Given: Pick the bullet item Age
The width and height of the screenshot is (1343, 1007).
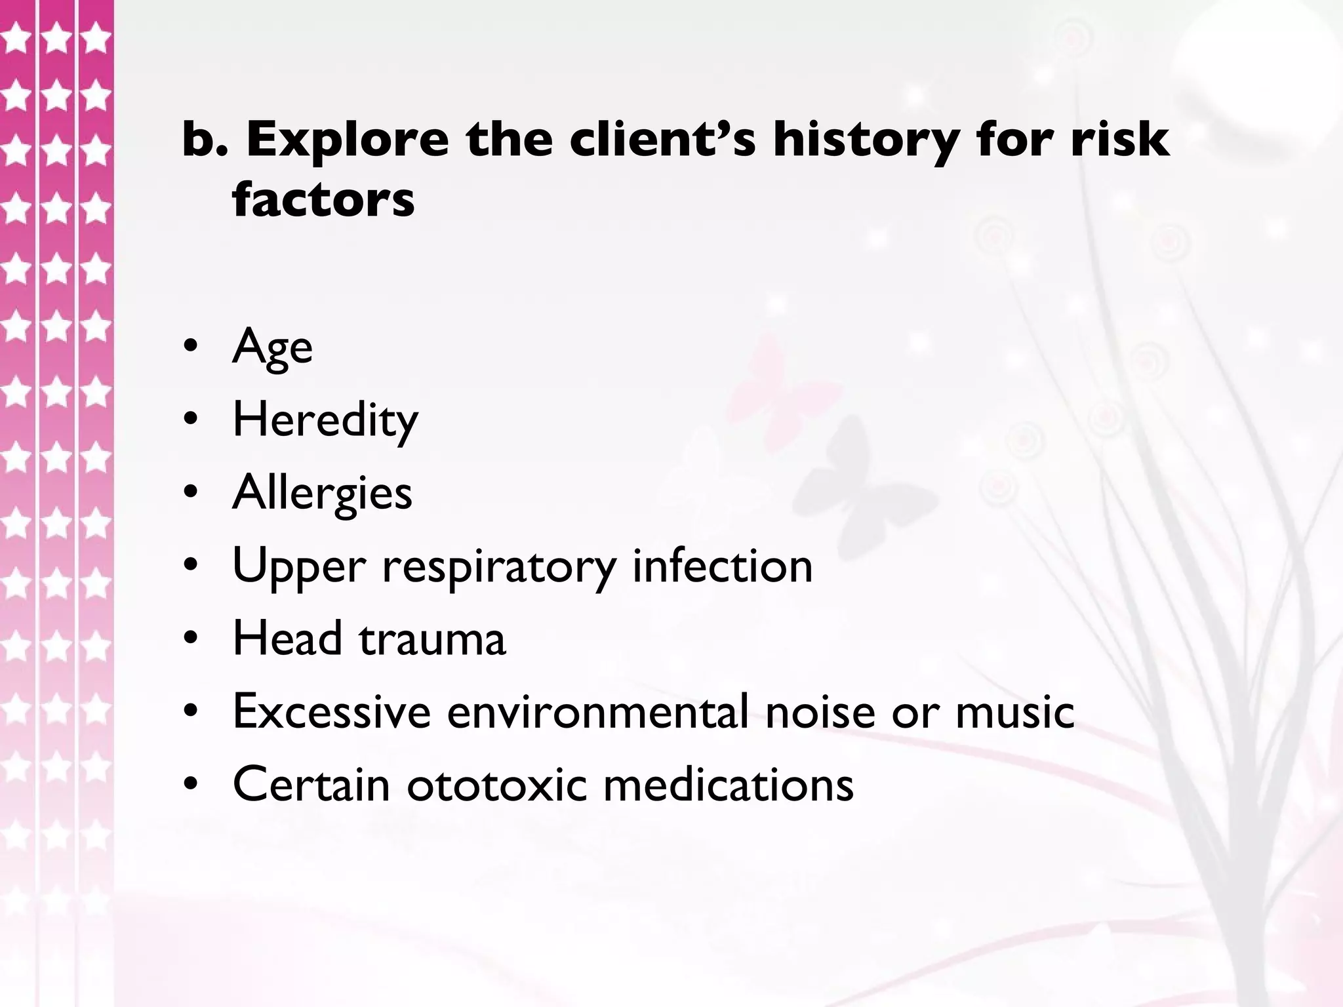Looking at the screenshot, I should (x=272, y=347).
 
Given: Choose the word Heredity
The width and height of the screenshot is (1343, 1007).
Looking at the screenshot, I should (x=325, y=420).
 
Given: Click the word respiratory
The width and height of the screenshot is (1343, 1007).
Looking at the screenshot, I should (x=499, y=566).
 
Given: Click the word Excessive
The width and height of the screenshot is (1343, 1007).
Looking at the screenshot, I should (x=332, y=711).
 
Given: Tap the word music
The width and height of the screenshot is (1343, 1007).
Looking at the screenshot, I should (x=1014, y=711).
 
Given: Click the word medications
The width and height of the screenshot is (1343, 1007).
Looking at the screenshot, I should (x=728, y=784).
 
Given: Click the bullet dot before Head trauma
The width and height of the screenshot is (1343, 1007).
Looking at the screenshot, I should (x=190, y=639).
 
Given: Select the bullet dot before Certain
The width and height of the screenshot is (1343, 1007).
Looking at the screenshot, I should (x=190, y=784).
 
